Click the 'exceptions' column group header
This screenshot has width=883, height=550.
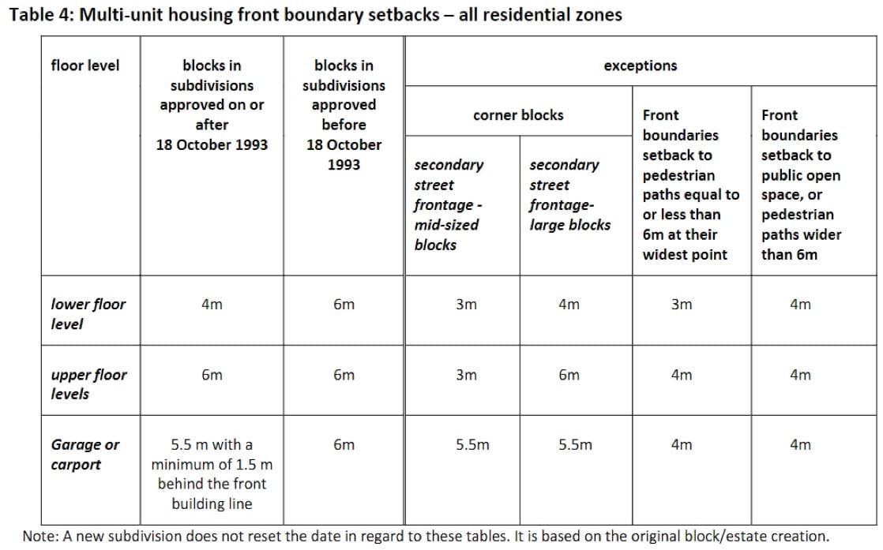[x=640, y=65]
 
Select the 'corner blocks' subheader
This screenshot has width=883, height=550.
[x=518, y=115]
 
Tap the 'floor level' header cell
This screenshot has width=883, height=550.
[x=85, y=65]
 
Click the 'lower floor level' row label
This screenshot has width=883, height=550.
[x=88, y=313]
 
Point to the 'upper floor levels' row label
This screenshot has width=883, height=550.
[x=88, y=384]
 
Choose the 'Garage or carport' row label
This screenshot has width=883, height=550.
[x=85, y=455]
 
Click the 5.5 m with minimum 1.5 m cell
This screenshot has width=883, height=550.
[x=212, y=474]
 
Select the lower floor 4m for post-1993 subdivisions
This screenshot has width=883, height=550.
[x=212, y=305]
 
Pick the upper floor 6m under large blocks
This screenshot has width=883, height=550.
[x=569, y=376]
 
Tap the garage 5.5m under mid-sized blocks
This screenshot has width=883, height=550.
[x=472, y=445]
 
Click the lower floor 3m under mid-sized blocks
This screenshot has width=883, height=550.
[x=466, y=305]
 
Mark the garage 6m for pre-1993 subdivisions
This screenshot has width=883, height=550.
[x=344, y=445]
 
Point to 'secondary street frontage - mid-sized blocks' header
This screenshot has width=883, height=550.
[x=449, y=204]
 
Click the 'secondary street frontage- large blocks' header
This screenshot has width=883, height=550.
[x=569, y=195]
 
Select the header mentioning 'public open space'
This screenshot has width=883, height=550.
[x=800, y=185]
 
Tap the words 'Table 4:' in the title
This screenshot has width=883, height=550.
[x=39, y=15]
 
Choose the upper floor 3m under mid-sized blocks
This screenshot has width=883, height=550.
[x=466, y=376]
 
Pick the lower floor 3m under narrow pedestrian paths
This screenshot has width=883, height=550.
[x=681, y=305]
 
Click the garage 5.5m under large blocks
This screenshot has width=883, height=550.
[x=575, y=445]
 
